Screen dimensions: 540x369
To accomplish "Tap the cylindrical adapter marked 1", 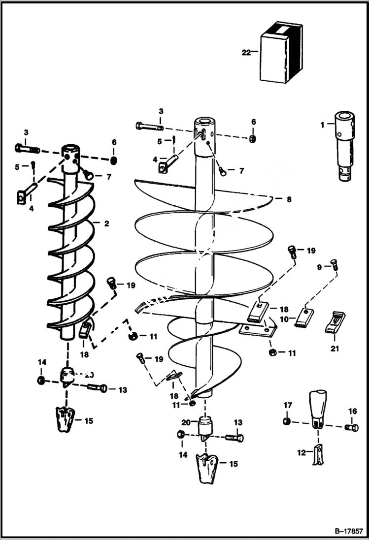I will (x=344, y=145).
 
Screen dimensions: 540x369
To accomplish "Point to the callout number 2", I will (x=106, y=223).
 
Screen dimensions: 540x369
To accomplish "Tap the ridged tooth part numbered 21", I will (x=335, y=322).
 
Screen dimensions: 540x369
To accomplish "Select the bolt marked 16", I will (x=352, y=427).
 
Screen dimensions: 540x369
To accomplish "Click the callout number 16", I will (x=352, y=411).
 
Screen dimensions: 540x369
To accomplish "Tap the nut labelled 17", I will (x=286, y=421).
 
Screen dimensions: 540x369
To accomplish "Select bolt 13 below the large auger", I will (x=235, y=437).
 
